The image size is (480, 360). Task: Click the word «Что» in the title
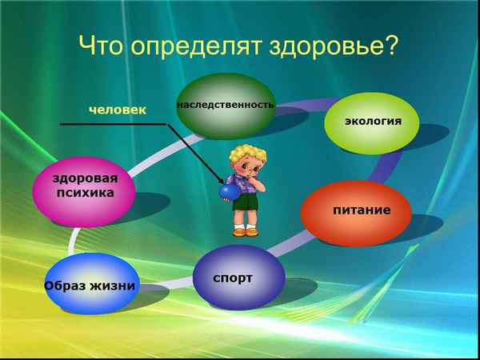point(105,46)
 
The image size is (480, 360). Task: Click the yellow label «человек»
point(117,110)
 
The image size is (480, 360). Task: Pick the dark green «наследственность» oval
point(225,105)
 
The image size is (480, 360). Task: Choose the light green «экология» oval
point(372,122)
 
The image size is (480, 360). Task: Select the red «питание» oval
point(356,211)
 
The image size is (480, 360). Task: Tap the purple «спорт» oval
point(238,278)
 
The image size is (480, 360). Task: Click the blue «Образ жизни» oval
point(89,285)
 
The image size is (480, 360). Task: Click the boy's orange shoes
point(246,232)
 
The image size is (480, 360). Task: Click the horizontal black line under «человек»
point(112,124)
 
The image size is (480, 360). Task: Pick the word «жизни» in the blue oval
point(111,286)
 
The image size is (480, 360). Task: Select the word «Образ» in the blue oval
point(64,286)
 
